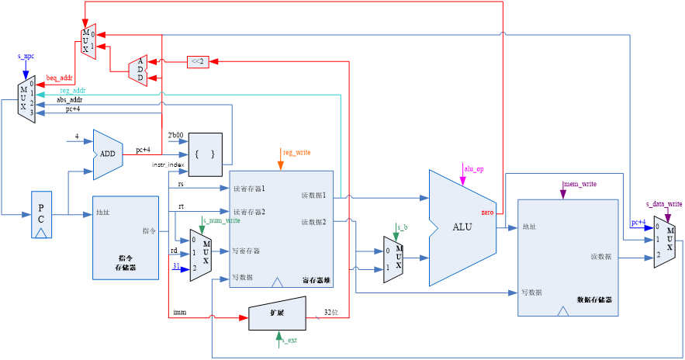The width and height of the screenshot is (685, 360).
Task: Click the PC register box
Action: tap(42, 213)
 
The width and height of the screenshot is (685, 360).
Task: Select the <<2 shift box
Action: tap(198, 62)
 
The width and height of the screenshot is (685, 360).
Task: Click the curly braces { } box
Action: tap(205, 154)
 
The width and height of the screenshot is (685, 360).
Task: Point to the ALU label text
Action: tap(462, 227)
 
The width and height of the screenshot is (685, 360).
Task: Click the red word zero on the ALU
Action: tap(487, 212)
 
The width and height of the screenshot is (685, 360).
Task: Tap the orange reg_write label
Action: tap(297, 153)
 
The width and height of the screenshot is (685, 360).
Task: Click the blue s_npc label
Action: tap(26, 57)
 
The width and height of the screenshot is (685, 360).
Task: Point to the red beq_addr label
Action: tap(59, 78)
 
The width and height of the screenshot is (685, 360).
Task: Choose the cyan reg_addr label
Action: tap(73, 91)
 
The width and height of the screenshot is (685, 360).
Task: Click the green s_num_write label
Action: tap(221, 220)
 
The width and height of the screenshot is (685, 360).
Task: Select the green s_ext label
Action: tap(289, 340)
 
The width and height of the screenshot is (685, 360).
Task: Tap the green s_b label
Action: tap(402, 227)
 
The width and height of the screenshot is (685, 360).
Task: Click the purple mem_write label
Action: tap(579, 184)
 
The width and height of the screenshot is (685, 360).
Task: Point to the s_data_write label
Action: tap(664, 204)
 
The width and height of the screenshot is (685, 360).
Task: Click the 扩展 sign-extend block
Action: tap(278, 313)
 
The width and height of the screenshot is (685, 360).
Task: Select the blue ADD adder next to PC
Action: tap(108, 154)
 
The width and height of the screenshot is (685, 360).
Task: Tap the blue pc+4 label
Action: tap(638, 222)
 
